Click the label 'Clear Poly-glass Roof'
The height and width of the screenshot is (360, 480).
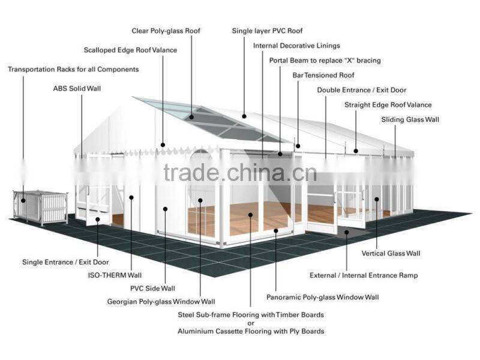coord(166,31)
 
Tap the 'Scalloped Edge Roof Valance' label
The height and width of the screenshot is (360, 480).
coord(130,50)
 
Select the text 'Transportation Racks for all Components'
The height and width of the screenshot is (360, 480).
coord(73,70)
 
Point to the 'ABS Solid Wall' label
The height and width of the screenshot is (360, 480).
coord(77,89)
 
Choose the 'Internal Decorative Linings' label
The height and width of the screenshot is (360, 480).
coord(296,46)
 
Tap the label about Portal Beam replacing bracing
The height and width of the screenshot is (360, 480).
coord(325,61)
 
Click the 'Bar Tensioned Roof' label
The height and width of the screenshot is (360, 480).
coord(323,76)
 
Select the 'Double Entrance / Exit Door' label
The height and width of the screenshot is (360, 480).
coord(361,90)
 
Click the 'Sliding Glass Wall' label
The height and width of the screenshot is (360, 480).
coord(410,120)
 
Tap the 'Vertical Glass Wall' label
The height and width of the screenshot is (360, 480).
coord(391,253)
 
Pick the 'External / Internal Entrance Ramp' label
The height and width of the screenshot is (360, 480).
coord(364,275)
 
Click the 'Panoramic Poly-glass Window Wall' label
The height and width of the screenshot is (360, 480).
coord(322,297)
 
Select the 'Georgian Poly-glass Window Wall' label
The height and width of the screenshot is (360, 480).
coord(161,302)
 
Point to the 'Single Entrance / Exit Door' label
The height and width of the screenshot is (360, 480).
coord(66,262)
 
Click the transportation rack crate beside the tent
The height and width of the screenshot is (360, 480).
coord(40,207)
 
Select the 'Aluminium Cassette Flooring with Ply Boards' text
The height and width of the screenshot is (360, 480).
coord(251,331)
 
